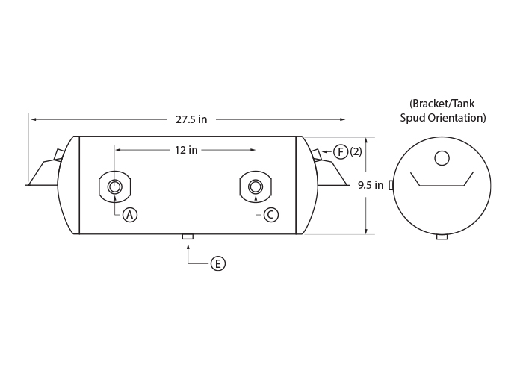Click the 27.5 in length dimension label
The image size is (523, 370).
(x=191, y=119)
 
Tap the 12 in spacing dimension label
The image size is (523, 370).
(x=186, y=150)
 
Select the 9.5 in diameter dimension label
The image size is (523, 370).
(x=371, y=185)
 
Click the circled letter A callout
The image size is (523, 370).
(x=130, y=215)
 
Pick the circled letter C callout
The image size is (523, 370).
(x=270, y=215)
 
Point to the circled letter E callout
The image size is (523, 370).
(x=218, y=264)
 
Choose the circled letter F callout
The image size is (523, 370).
(x=341, y=152)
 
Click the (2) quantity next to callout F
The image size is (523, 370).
(x=356, y=152)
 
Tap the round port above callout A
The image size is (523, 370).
(x=115, y=186)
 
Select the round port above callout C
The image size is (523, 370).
(x=256, y=186)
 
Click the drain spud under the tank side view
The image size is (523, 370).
(x=188, y=236)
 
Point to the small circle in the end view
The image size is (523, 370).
(x=442, y=158)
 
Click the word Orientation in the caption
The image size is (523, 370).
(x=457, y=118)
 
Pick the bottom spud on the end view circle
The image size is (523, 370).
(x=442, y=236)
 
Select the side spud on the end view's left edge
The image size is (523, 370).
(x=392, y=185)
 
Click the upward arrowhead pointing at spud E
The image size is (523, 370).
(x=188, y=247)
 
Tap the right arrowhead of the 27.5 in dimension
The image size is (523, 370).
(x=342, y=119)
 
